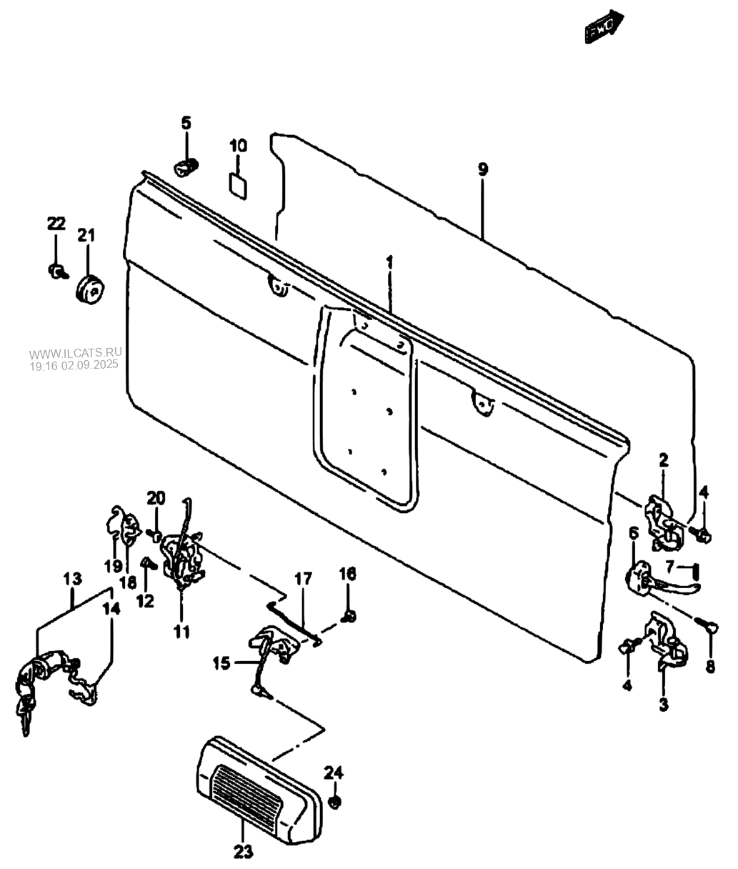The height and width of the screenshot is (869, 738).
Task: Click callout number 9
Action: [x=483, y=169]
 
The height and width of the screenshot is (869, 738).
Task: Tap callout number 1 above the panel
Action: [x=390, y=262]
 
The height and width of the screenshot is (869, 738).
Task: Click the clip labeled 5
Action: [x=186, y=167]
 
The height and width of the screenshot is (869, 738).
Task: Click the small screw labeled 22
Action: [x=58, y=271]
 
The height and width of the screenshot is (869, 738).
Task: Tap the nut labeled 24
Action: [x=335, y=802]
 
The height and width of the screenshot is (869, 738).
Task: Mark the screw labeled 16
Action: [x=350, y=615]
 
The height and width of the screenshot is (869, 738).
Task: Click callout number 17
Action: [x=303, y=578]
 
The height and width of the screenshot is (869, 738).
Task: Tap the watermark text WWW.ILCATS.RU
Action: [x=76, y=353]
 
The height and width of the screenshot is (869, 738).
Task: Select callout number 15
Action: [x=221, y=664]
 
